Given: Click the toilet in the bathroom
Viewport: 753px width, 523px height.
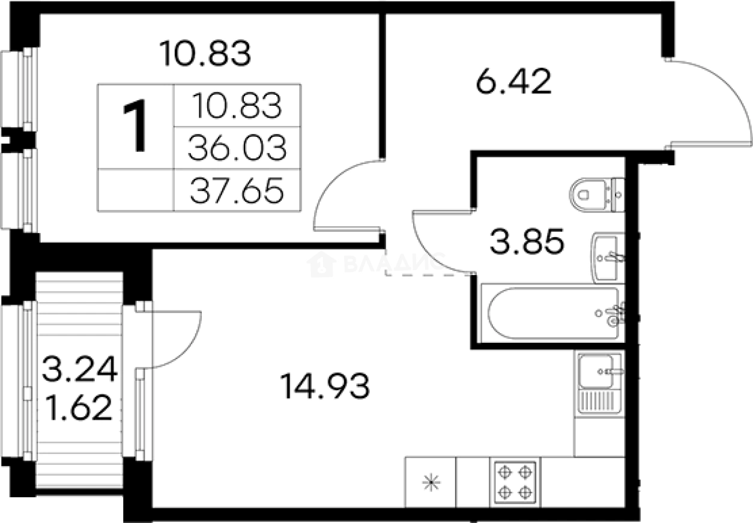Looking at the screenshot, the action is (x=596, y=195).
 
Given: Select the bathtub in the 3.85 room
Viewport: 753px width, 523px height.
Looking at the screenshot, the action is (x=553, y=313).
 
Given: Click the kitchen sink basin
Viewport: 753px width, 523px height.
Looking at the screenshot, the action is (x=596, y=372).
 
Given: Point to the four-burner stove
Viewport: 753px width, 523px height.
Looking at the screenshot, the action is (x=515, y=482).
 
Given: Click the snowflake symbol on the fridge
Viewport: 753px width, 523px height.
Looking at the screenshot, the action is (x=431, y=483).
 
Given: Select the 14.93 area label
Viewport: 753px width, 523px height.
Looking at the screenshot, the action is (x=324, y=387).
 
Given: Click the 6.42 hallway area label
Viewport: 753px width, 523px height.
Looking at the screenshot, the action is (x=513, y=81).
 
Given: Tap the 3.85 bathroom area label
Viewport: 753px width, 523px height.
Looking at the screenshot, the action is (x=527, y=241).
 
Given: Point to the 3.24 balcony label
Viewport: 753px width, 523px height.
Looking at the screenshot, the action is (x=80, y=369).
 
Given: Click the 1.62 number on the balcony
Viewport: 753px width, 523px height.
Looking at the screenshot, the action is (x=78, y=407).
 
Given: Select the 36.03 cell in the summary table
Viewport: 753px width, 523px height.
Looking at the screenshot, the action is (x=237, y=148).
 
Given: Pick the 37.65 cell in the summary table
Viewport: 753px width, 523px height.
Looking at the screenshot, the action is (x=237, y=190).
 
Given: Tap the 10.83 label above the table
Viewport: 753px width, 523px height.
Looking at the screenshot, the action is (x=205, y=53).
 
